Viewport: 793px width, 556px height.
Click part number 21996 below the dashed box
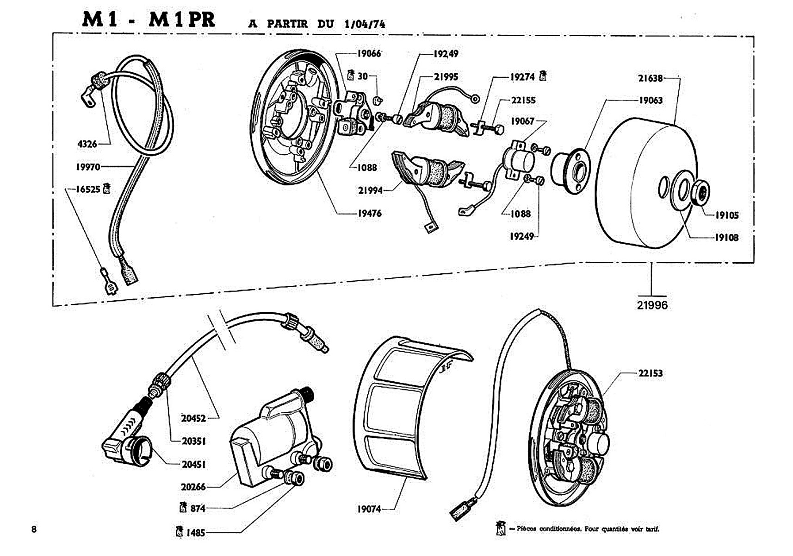(x=652, y=305)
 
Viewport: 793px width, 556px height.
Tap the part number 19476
(x=369, y=214)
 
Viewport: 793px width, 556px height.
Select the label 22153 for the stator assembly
(x=650, y=373)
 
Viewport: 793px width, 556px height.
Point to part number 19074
(x=369, y=509)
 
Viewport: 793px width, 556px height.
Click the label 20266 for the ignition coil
(x=193, y=486)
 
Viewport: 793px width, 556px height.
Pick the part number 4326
(x=87, y=144)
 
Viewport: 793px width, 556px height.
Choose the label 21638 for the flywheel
(x=650, y=78)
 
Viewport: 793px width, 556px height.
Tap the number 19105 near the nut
(x=726, y=215)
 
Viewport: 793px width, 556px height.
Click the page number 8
(x=34, y=529)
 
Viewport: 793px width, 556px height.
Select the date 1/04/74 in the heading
(x=365, y=24)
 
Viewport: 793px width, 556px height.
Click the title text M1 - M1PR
(x=149, y=20)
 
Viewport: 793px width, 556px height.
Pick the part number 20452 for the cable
(x=193, y=418)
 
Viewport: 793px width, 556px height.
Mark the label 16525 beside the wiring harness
(x=87, y=189)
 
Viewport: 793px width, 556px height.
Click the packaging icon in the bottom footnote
(x=500, y=528)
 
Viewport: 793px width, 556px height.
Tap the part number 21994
(x=370, y=190)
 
